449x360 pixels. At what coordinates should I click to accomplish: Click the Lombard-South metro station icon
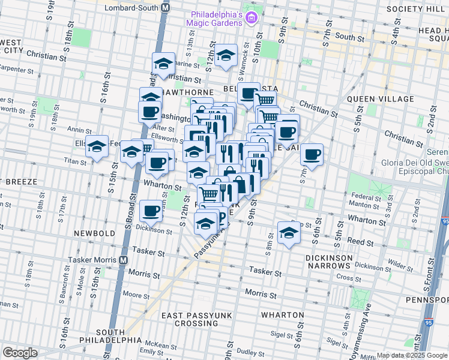(x=166, y=8)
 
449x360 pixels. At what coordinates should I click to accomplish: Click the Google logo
(x=20, y=353)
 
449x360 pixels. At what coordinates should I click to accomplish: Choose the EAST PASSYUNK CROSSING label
(x=188, y=319)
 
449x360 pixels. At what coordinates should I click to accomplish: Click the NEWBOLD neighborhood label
(x=89, y=232)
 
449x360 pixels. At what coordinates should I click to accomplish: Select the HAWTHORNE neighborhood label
(x=180, y=93)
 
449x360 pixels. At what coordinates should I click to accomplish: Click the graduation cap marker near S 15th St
(x=97, y=147)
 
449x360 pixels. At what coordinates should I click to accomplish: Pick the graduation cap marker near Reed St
(x=289, y=232)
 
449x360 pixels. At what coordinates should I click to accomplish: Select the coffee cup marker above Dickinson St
(x=151, y=211)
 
